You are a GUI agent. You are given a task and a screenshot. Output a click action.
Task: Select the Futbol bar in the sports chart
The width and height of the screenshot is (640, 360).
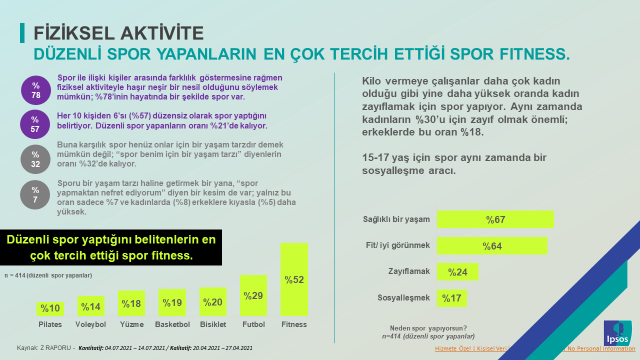click(x=254, y=296)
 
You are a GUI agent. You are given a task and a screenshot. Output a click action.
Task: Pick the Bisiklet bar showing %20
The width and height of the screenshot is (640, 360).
click(x=213, y=302)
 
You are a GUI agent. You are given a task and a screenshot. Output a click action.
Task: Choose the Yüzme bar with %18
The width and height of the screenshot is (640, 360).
click(x=131, y=304)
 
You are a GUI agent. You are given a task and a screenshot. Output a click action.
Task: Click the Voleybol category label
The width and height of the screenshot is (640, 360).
click(x=91, y=325)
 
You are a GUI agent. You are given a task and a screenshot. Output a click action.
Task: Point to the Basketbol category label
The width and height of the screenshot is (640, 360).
click(x=172, y=325)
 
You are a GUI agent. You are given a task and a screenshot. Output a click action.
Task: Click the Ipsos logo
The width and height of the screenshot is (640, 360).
click(x=616, y=331)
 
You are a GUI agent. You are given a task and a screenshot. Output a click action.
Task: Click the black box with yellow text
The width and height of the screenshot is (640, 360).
click(x=110, y=250)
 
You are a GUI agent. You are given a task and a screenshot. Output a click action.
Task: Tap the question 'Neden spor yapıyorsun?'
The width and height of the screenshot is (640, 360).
click(x=429, y=329)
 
